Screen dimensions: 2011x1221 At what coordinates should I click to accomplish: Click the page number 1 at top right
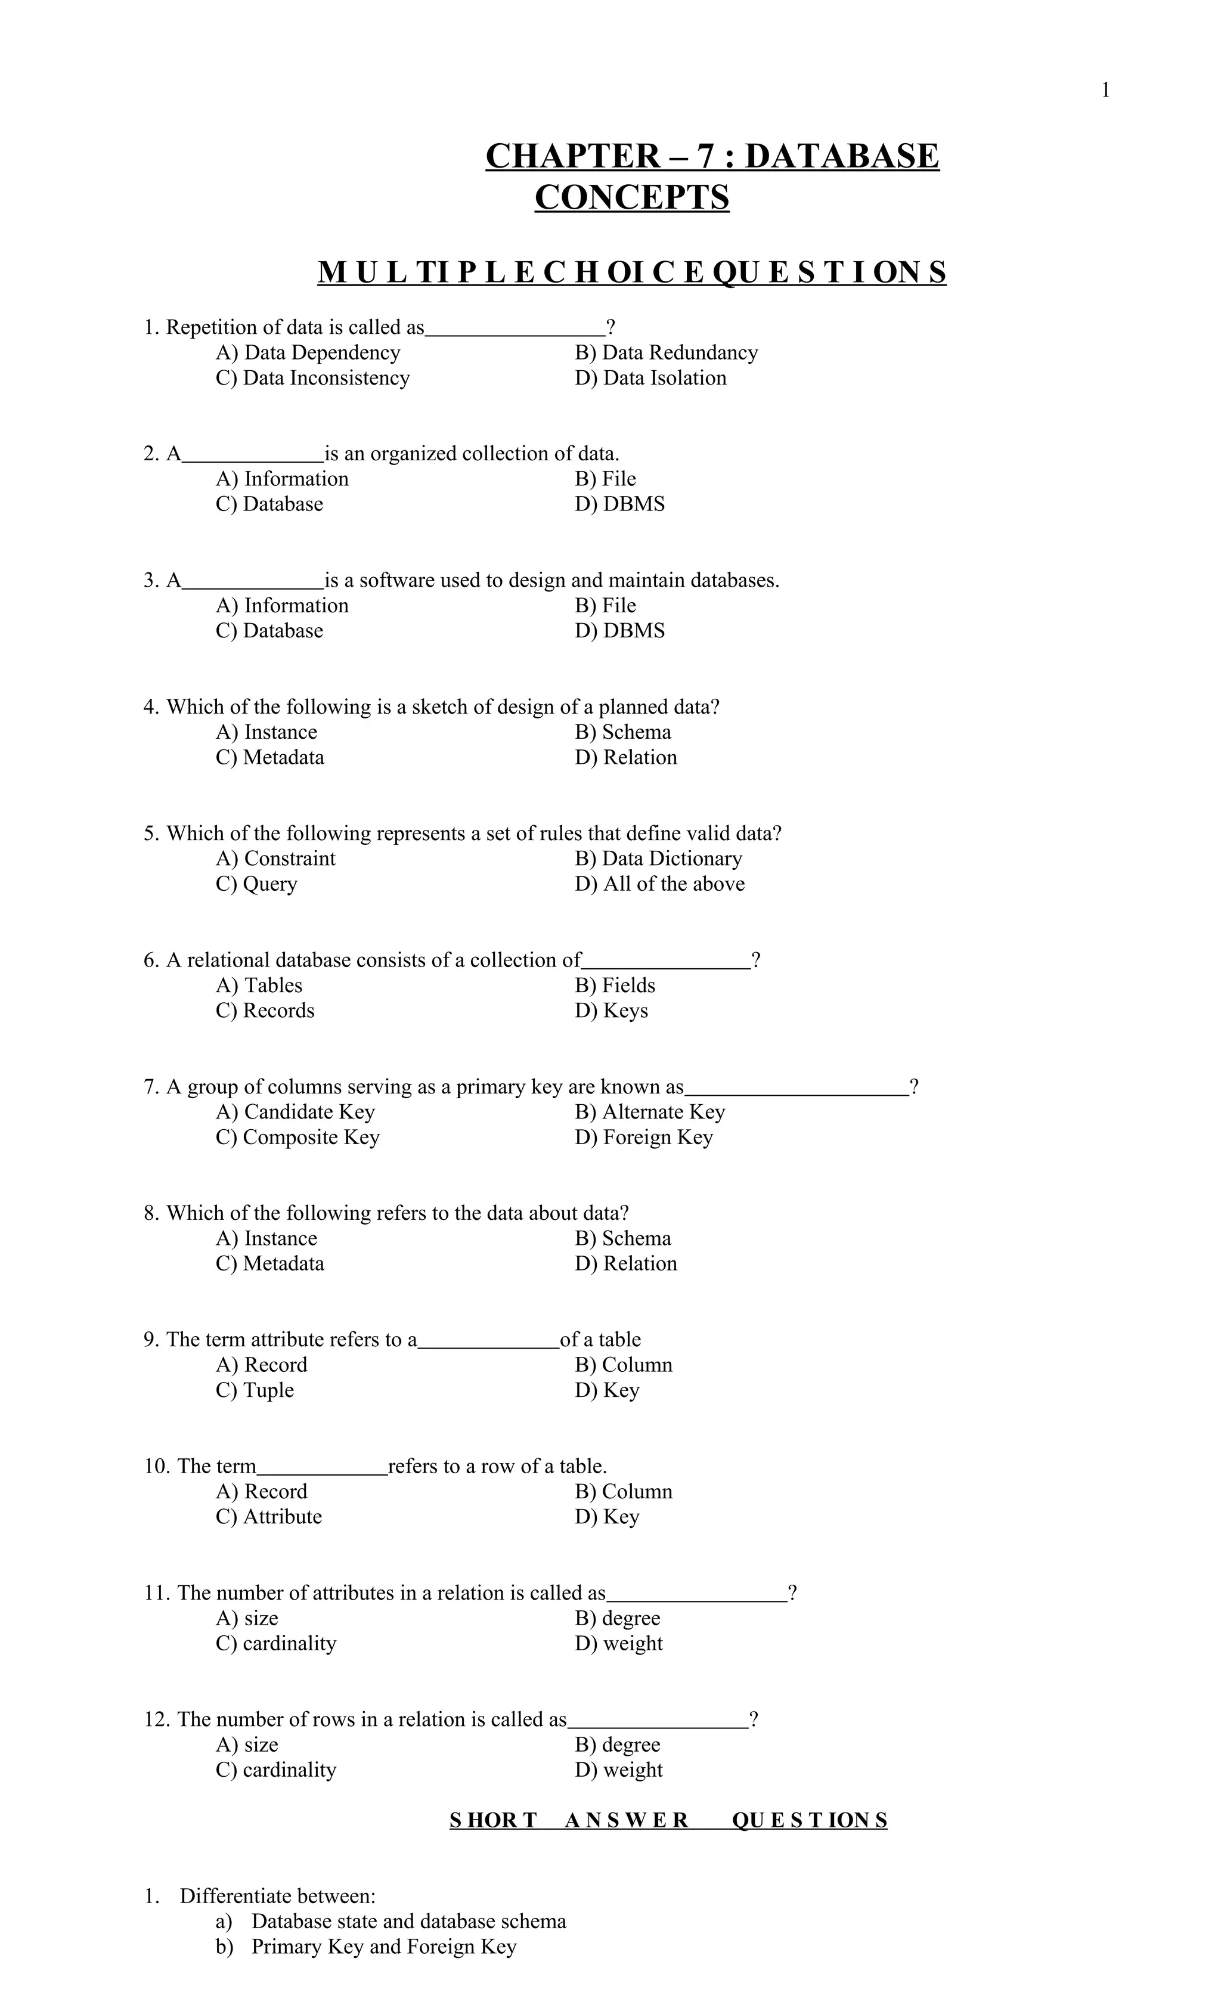(x=1105, y=91)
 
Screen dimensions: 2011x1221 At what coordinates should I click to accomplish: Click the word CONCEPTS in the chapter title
(x=632, y=197)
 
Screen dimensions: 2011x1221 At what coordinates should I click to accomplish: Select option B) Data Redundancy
(x=666, y=352)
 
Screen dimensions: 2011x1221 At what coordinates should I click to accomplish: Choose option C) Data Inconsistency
(x=312, y=378)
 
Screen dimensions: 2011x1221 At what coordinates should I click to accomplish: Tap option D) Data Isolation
(x=650, y=378)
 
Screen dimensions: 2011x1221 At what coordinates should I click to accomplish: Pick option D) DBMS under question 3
(x=619, y=631)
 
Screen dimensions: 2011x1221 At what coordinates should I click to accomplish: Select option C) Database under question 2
(x=269, y=504)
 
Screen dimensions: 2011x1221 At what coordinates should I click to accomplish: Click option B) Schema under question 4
(x=623, y=732)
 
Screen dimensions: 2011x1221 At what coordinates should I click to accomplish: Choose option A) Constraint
(x=276, y=859)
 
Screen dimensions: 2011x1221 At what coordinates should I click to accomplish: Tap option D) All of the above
(x=659, y=884)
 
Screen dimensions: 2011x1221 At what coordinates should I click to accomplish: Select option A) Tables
(x=259, y=986)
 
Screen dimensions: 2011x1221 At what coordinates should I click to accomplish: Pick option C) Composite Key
(x=298, y=1138)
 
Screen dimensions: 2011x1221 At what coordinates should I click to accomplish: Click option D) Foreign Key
(x=644, y=1138)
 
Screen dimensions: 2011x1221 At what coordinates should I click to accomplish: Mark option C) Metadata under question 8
(x=270, y=1264)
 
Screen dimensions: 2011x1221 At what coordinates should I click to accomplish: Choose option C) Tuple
(x=255, y=1391)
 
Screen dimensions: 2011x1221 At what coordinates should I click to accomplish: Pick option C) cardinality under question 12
(x=276, y=1771)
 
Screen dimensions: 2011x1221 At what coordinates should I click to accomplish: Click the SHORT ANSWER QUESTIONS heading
(x=668, y=1821)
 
